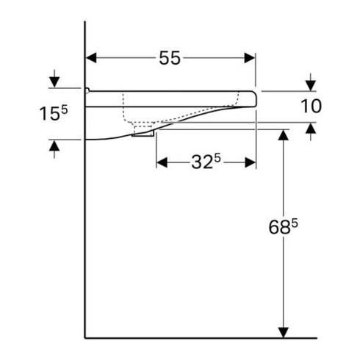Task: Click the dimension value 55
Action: [170, 59]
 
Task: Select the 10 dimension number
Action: [311, 107]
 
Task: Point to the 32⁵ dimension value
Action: [208, 163]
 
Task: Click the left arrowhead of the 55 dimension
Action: [92, 59]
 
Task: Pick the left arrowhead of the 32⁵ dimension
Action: [161, 163]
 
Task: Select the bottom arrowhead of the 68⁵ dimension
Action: [281, 332]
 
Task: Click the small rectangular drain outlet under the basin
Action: [143, 133]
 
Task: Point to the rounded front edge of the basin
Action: [255, 100]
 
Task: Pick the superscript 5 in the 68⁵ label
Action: [294, 224]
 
